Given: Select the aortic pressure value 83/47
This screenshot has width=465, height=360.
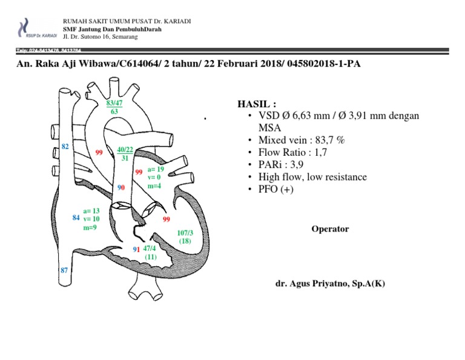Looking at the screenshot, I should pyautogui.click(x=114, y=104).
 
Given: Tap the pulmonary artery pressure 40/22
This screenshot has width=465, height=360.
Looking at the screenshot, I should pyautogui.click(x=125, y=150).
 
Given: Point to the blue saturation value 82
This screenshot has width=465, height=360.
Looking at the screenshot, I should pyautogui.click(x=65, y=147).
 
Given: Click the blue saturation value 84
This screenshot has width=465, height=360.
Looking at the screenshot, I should pyautogui.click(x=76, y=217).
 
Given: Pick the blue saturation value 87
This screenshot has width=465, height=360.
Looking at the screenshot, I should pyautogui.click(x=64, y=270).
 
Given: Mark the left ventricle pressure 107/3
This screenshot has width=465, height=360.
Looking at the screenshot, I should pyautogui.click(x=185, y=233).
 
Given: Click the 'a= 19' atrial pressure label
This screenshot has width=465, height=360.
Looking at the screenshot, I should pyautogui.click(x=156, y=170).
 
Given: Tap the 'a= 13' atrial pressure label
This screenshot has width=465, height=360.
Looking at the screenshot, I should pyautogui.click(x=91, y=211).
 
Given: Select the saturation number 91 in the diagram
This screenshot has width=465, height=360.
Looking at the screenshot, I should pyautogui.click(x=137, y=249).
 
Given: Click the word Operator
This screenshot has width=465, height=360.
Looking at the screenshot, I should pyautogui.click(x=330, y=229).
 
